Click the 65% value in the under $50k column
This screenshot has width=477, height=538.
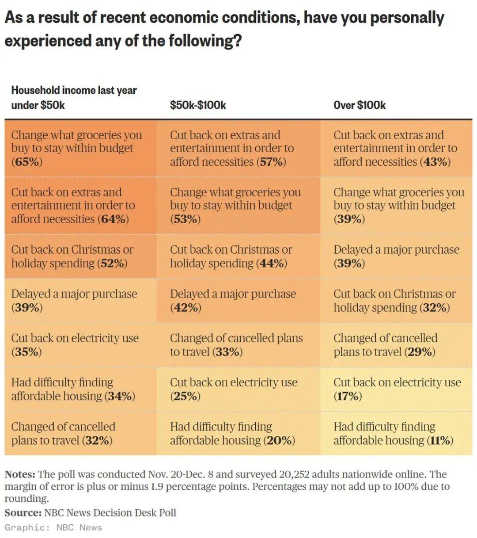(x=27, y=162)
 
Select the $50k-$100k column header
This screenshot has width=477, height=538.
(x=198, y=105)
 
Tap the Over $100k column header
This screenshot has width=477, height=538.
(x=360, y=105)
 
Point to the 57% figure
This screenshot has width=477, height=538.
(x=271, y=162)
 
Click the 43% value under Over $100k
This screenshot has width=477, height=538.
(x=436, y=162)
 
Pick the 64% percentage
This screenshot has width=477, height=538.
(x=114, y=219)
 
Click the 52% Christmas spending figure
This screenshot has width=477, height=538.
(x=113, y=263)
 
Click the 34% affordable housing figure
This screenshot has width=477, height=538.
(x=120, y=396)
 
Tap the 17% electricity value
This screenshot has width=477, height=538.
(x=348, y=396)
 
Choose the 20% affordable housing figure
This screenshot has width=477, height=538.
(x=280, y=440)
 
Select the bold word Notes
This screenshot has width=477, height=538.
(x=20, y=474)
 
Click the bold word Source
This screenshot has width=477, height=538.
(x=23, y=513)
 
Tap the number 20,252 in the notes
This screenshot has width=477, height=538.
(x=295, y=474)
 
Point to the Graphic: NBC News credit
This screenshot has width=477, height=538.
(x=53, y=527)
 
